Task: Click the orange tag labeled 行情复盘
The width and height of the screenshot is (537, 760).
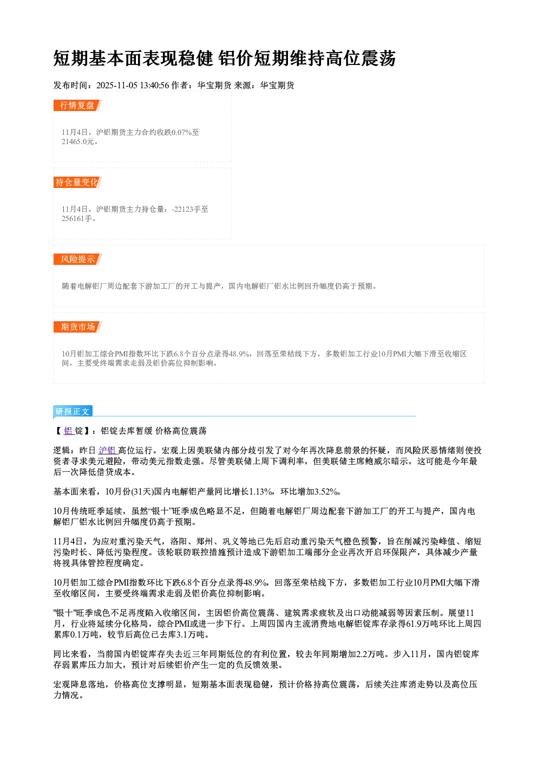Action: point(77,105)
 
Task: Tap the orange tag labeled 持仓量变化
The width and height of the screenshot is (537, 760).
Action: point(77,182)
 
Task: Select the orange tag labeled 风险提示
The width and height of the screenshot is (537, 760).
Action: point(77,259)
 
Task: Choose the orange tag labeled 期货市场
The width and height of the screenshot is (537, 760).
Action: point(77,327)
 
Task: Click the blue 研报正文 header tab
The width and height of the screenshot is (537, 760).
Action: point(73,412)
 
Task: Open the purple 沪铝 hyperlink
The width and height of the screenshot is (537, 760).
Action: point(108,450)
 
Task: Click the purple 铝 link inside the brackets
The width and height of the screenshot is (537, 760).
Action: point(69,431)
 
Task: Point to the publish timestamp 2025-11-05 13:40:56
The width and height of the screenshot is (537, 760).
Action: point(133,85)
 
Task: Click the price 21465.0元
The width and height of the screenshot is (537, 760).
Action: point(77,141)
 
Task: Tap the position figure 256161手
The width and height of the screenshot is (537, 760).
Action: point(77,218)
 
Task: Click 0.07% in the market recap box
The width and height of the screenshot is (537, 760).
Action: point(181,132)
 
